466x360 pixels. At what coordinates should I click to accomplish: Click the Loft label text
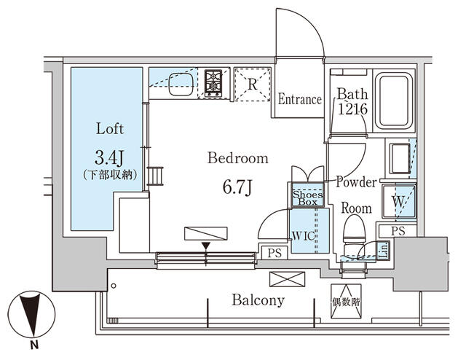(x=110, y=129)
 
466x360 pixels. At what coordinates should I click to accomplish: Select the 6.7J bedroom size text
(x=238, y=187)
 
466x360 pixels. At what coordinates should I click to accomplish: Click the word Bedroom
(x=237, y=158)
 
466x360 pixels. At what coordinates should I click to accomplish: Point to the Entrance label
(x=299, y=99)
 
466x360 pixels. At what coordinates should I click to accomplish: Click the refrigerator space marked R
(x=252, y=83)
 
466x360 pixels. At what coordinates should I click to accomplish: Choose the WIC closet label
(x=304, y=236)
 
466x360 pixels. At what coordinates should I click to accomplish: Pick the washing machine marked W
(x=399, y=200)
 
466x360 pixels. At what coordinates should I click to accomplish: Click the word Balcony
(x=258, y=300)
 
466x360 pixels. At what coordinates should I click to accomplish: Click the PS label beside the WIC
(x=274, y=254)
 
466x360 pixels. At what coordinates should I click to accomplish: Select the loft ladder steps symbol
(x=154, y=177)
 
